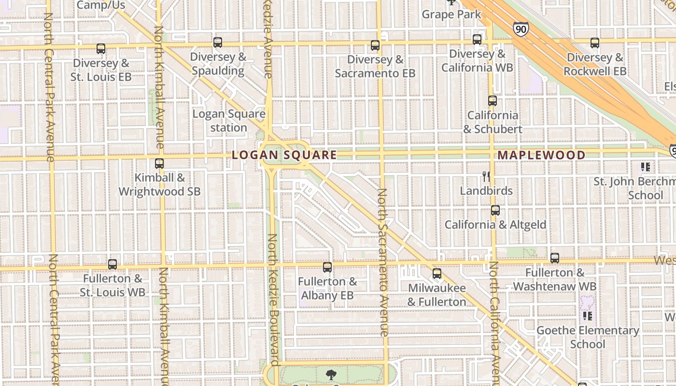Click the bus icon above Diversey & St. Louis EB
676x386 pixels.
coord(101,49)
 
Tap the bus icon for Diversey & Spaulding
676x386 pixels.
coord(218,42)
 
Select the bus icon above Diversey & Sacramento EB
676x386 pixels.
coord(375,45)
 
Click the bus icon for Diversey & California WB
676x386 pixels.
coord(477,40)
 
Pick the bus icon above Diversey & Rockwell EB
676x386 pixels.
coord(595,43)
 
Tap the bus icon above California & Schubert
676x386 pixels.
coord(493,101)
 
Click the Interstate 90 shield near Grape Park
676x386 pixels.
coord(521,29)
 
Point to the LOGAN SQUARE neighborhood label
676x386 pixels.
coord(284,155)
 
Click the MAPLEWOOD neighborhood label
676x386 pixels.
coord(541,155)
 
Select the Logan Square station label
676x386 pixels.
coord(229,121)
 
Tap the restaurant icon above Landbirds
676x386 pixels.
coord(486,177)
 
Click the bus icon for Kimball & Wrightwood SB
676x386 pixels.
coord(159,164)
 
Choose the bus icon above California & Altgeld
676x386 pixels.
coord(495,210)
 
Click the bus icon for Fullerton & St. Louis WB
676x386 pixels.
coord(113,264)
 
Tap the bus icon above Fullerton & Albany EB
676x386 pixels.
coord(327,267)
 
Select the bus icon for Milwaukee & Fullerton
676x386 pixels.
coord(437,274)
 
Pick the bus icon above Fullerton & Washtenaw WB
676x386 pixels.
coord(555,258)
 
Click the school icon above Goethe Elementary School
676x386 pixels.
coord(588,316)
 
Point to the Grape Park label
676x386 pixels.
coord(451,14)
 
